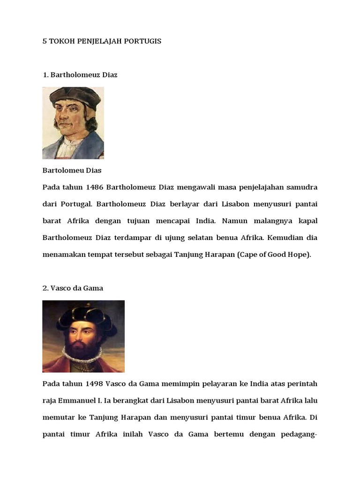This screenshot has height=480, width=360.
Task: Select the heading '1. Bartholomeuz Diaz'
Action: [x=80, y=75]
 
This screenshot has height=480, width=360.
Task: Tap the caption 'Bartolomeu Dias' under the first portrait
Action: [x=72, y=170]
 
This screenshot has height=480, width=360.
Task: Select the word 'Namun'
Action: [x=233, y=221]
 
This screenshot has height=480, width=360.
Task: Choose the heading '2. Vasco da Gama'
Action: [x=73, y=288]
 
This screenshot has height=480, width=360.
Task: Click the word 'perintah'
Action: [x=302, y=384]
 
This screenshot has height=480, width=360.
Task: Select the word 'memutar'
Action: [x=59, y=418]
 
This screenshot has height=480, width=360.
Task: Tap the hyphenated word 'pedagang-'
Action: [x=299, y=435]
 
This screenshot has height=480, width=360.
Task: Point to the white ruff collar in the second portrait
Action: [x=83, y=355]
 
